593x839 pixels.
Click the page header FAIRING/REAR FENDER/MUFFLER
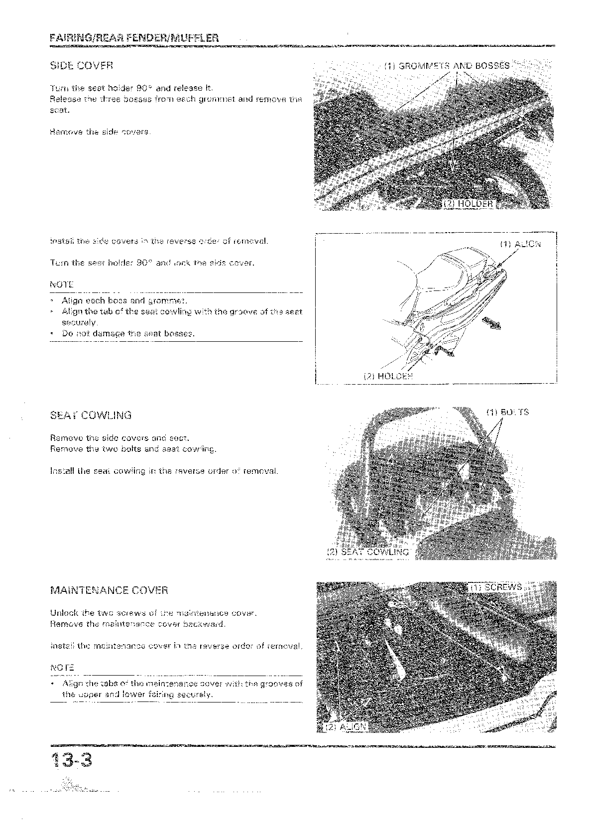click(134, 38)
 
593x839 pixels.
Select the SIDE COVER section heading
click(82, 65)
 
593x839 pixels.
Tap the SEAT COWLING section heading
click(91, 415)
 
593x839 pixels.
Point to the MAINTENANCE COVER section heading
click(109, 590)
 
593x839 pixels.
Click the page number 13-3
click(72, 762)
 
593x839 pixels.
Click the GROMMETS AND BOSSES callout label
click(448, 66)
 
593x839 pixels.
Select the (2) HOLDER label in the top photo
click(468, 204)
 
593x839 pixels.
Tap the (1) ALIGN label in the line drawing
click(520, 244)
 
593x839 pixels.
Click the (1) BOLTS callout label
click(507, 413)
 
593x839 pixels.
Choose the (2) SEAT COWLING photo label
click(368, 552)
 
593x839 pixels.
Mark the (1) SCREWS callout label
click(496, 587)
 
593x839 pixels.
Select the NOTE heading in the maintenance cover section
click(62, 667)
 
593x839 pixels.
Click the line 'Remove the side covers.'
click(100, 132)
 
